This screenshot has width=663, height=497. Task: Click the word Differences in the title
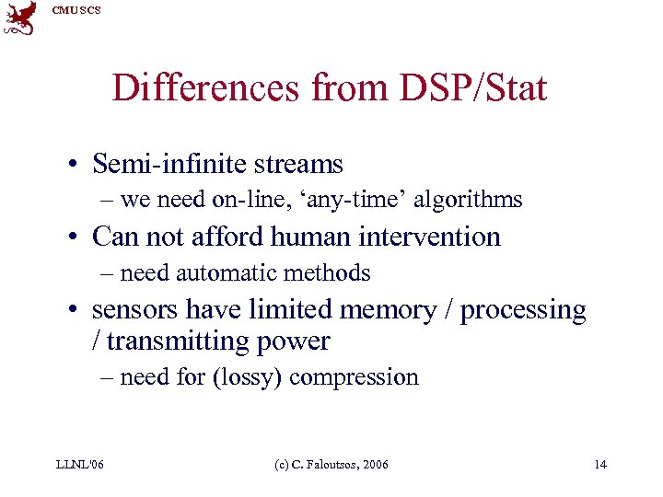coord(205,89)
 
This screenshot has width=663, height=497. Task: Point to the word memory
coord(393,310)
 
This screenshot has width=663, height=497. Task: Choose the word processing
coord(523,310)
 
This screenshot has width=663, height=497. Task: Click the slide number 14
coord(600,464)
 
